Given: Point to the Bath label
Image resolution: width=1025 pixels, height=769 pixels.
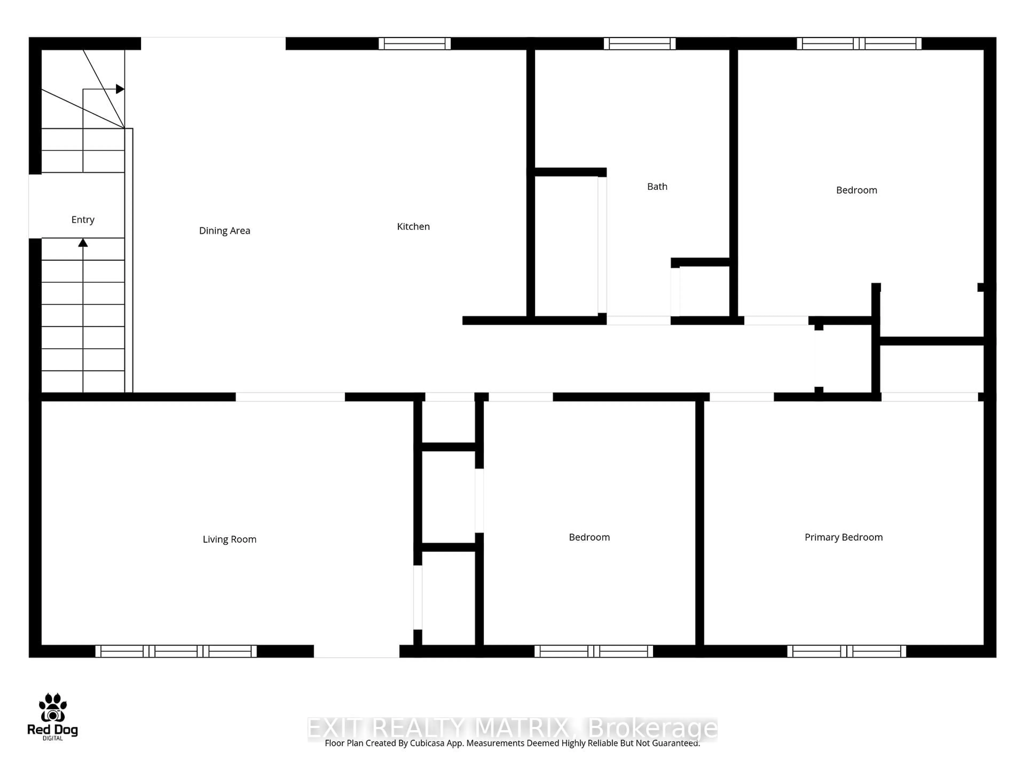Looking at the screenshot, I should pos(657,186).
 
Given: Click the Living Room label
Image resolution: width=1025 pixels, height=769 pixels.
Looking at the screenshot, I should pos(229,539).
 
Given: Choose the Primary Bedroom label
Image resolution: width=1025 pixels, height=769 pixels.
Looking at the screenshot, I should pos(843,537).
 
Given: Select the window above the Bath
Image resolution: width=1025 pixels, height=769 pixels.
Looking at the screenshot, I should pos(640,44).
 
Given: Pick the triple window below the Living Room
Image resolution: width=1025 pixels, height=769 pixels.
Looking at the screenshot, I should pos(176,651).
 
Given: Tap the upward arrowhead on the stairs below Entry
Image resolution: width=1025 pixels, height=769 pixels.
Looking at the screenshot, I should pos(83,242).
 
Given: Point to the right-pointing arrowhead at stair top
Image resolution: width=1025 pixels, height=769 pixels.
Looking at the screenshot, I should pos(120,89).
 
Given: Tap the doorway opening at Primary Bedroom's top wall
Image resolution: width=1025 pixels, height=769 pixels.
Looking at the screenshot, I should pos(742,397).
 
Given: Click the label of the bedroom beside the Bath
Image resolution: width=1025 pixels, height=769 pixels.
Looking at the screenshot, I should pos(856,190).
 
